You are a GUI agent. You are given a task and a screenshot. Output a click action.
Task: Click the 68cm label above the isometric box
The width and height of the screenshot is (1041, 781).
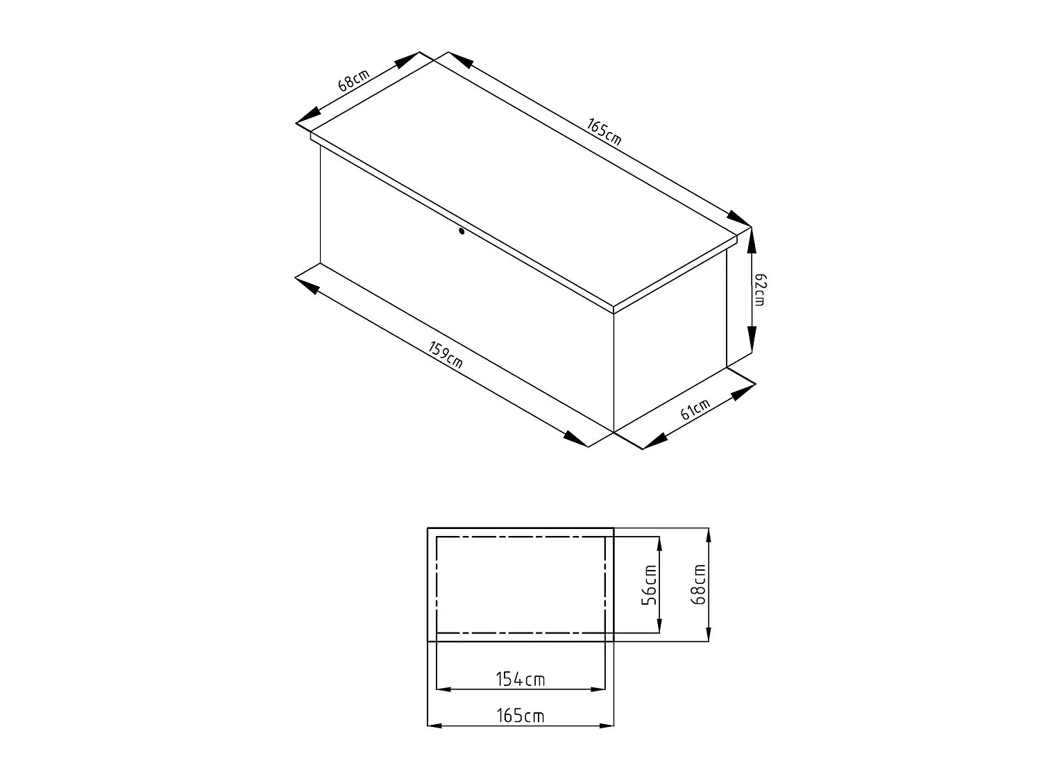point(353,81)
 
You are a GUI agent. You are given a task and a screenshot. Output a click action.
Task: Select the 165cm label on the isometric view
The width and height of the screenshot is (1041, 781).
point(603,132)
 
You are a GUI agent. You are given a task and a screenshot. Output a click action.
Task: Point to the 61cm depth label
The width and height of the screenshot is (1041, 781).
point(695,410)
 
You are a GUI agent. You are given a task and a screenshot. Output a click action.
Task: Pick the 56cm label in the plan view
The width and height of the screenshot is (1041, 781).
point(649,585)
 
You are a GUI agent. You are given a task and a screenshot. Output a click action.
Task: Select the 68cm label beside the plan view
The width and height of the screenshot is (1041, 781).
point(699,584)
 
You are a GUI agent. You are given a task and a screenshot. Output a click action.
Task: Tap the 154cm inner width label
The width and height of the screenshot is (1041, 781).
point(520,679)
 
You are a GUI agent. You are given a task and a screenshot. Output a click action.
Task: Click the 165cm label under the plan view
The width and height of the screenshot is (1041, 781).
point(520,716)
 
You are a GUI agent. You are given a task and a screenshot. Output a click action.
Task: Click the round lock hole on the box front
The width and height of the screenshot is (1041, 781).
point(462,232)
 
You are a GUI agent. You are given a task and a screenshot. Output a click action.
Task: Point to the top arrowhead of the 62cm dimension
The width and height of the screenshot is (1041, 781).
point(752,240)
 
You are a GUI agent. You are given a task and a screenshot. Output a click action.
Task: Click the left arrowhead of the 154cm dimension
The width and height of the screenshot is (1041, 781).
point(444,689)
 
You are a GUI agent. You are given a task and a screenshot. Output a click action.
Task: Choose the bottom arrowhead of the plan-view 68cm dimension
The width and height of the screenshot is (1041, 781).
point(708,633)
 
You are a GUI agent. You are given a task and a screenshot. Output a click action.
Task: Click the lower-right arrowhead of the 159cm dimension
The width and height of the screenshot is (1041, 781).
point(575,439)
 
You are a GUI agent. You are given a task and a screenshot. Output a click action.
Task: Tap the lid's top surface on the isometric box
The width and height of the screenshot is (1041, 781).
point(524,180)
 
